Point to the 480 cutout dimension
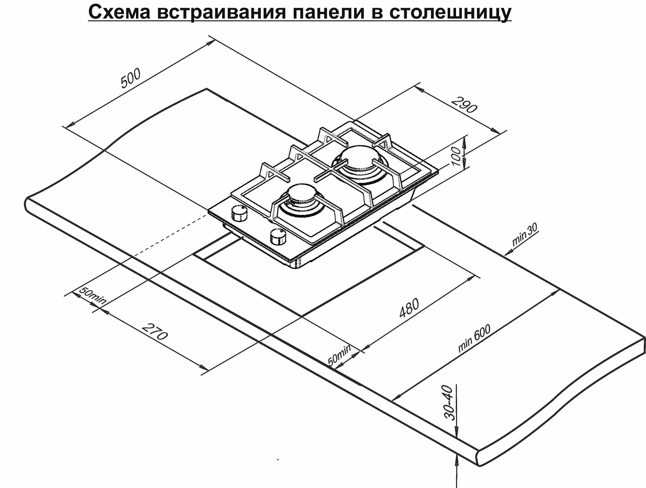coord(409,308)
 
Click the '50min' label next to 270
coord(92,296)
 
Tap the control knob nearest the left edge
coord(239,213)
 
